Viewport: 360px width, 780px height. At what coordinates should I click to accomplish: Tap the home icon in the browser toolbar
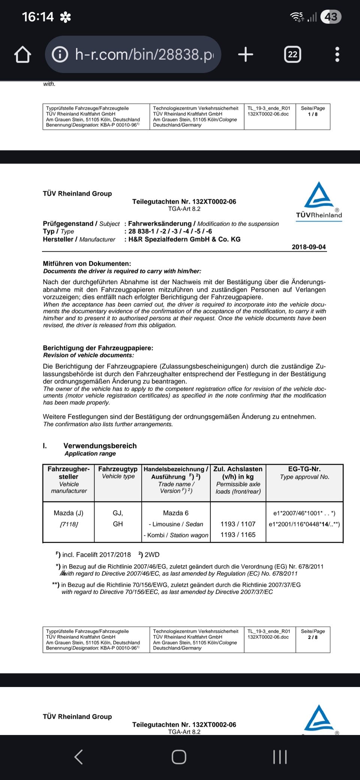(22, 55)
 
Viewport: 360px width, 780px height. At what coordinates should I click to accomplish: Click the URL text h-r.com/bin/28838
(144, 55)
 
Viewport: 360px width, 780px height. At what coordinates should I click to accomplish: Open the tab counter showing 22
(292, 55)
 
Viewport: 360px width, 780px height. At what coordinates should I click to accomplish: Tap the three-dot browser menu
(337, 55)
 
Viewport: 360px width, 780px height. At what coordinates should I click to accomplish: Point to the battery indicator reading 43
(331, 17)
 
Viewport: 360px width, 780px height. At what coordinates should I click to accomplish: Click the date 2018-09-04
(309, 247)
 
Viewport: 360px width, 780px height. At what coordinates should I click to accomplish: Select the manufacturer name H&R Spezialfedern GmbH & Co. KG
(184, 239)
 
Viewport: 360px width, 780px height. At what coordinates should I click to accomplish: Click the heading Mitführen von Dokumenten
(87, 264)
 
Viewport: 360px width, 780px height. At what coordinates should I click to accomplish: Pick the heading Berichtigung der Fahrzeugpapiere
(98, 348)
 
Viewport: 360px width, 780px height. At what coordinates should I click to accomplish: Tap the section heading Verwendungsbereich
(100, 445)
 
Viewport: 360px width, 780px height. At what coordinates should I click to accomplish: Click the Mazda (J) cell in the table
(69, 513)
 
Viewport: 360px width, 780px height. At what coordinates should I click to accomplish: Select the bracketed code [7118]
(69, 524)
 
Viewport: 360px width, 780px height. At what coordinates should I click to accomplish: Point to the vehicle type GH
(118, 524)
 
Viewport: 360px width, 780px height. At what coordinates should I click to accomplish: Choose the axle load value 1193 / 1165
(238, 535)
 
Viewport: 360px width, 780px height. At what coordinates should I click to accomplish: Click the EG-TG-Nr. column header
(304, 469)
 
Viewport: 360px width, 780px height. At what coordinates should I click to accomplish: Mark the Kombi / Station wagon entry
(176, 535)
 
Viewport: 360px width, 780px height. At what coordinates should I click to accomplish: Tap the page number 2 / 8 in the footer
(313, 637)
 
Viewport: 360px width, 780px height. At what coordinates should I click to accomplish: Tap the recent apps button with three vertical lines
(280, 757)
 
